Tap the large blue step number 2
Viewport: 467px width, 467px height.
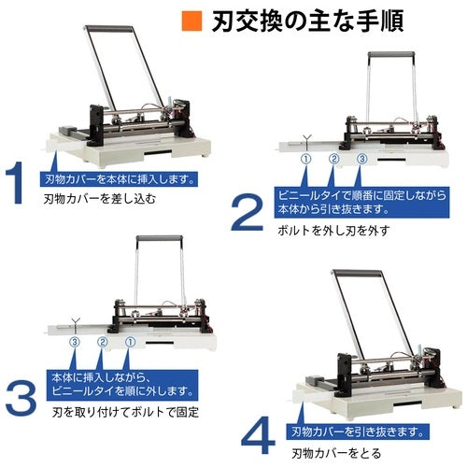(247, 212)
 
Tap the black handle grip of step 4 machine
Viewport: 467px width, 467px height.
(360, 273)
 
